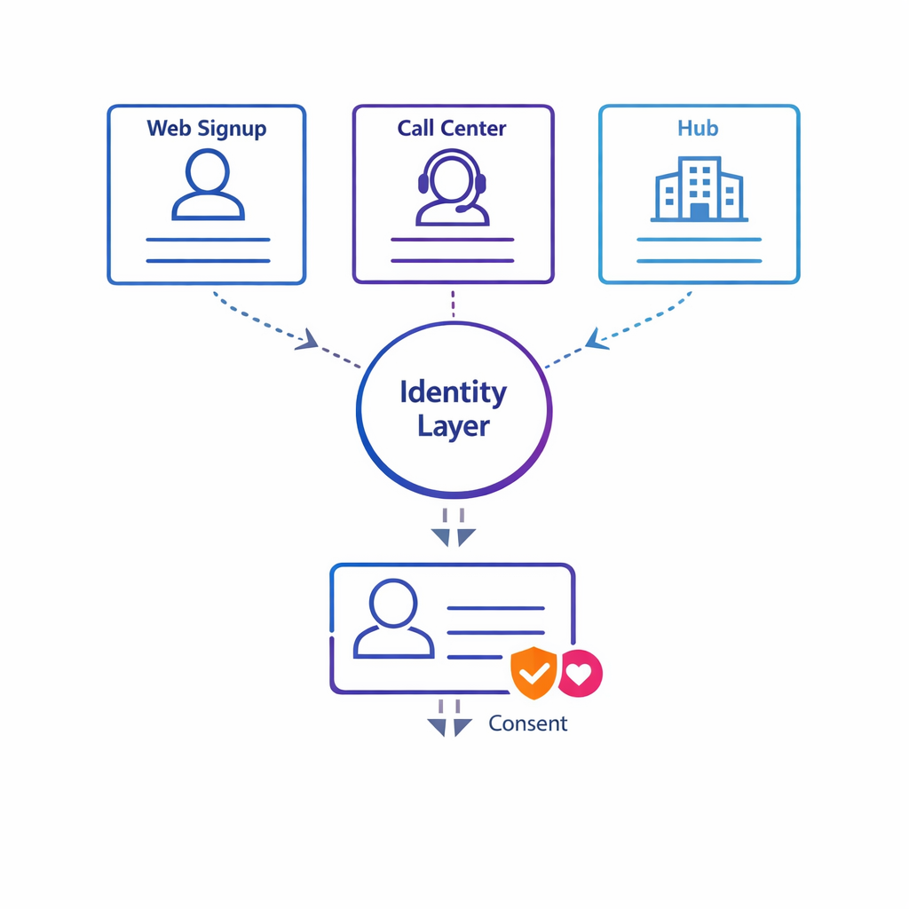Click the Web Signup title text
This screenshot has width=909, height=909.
pos(207,128)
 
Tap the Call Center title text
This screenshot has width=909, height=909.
pos(452,128)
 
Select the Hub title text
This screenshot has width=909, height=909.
pos(698,128)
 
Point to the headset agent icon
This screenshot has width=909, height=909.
pos(452,187)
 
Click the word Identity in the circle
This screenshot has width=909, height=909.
pos(453,391)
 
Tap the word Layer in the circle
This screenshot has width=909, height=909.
pos(454,426)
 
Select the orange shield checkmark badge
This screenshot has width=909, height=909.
pos(534,673)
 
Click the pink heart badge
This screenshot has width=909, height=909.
pos(579,674)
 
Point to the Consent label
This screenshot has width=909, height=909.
pos(527,723)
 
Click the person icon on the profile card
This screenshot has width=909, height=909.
pos(393,620)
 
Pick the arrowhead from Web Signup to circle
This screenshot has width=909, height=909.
pos(307,339)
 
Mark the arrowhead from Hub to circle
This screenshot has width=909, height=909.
pos(597,338)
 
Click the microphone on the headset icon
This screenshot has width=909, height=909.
pos(464,210)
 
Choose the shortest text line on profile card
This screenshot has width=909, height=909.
pos(475,657)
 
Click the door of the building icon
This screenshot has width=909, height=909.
pos(700,211)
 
